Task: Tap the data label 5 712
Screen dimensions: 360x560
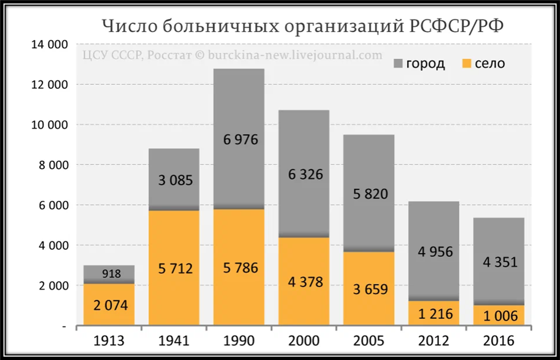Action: coord(175,268)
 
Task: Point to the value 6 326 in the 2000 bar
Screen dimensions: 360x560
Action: coord(305,174)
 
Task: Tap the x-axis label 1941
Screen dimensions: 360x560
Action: coord(175,341)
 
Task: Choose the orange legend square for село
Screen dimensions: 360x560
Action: coord(467,63)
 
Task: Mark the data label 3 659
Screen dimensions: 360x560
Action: coord(371,289)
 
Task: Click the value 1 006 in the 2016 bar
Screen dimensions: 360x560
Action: coord(500,316)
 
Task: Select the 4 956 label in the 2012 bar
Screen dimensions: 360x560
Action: coord(435,252)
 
